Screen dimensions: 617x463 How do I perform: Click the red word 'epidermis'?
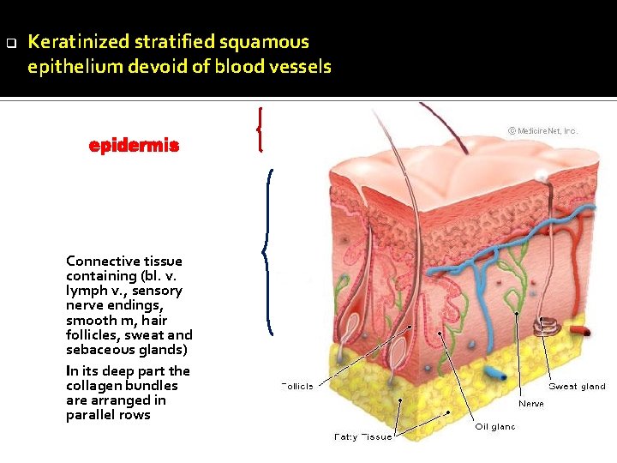coord(134,146)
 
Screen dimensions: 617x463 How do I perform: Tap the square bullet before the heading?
coord(10,42)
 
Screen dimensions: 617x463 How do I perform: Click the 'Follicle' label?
coord(297,386)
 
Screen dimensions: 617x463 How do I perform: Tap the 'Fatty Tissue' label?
coord(362,436)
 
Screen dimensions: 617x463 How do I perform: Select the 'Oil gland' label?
coord(495,426)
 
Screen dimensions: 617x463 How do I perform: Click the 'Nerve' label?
coord(530,403)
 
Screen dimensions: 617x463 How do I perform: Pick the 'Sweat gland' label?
coord(577,387)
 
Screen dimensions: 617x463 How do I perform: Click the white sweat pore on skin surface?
coord(542,175)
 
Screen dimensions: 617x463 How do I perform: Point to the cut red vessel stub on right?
coord(582,330)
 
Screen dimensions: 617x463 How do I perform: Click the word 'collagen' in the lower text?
coord(93,385)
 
